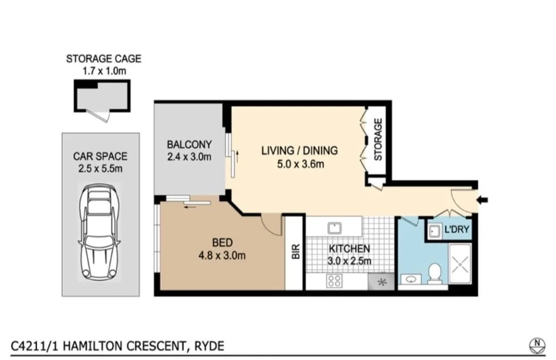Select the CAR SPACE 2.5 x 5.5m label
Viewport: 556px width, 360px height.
pyautogui.click(x=100, y=162)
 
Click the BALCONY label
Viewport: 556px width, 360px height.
pyautogui.click(x=189, y=150)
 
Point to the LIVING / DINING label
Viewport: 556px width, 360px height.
pyautogui.click(x=299, y=157)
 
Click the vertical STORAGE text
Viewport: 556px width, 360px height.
pyautogui.click(x=378, y=139)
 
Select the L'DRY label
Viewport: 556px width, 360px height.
pyautogui.click(x=457, y=230)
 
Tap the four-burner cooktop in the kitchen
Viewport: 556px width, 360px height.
pyautogui.click(x=335, y=281)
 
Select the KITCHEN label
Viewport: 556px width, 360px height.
pyautogui.click(x=350, y=254)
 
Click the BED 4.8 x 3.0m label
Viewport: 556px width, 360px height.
pyautogui.click(x=222, y=248)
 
